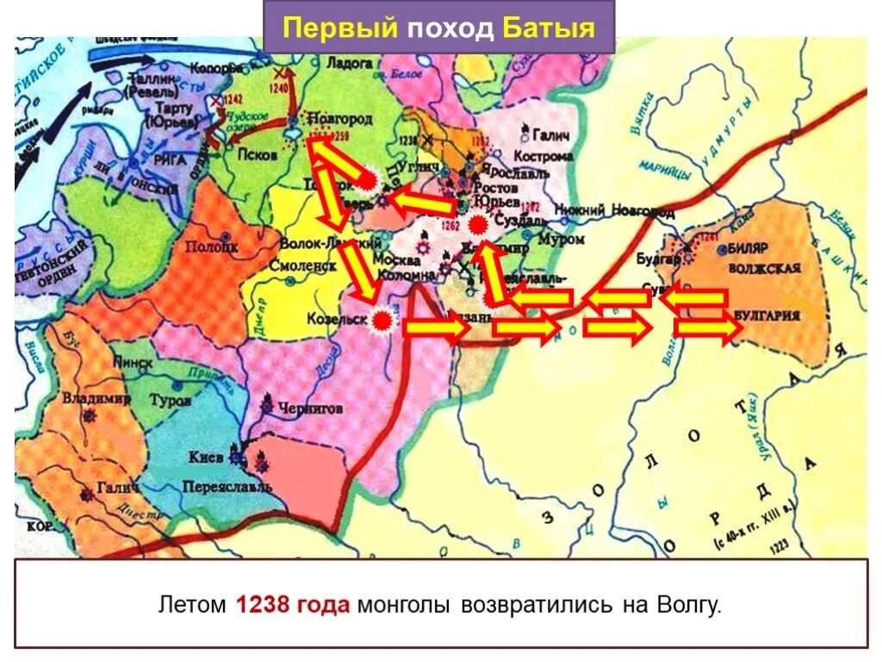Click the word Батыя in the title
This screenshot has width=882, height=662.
(549, 28)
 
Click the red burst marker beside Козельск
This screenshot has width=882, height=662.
(382, 321)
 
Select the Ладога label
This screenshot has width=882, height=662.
(351, 63)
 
